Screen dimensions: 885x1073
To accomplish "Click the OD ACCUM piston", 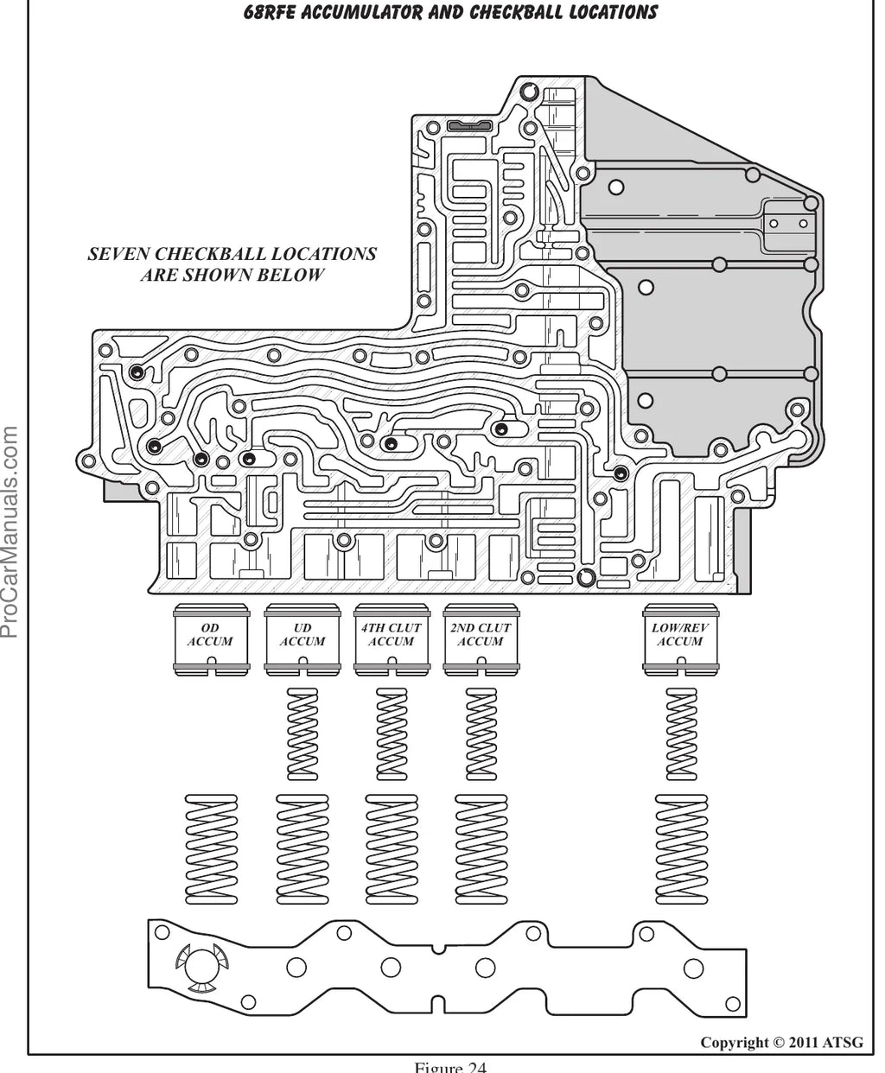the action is (211, 640).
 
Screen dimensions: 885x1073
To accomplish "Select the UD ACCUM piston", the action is (302, 640).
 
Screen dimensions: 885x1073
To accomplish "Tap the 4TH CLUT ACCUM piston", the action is (392, 640).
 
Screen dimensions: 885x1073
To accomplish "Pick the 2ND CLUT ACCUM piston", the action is (481, 640).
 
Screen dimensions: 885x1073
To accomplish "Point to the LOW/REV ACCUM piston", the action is (681, 640).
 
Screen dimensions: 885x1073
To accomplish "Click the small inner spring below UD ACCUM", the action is (302, 733).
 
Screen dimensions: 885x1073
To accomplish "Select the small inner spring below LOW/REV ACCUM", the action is (681, 733).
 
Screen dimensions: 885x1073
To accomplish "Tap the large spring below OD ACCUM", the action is (211, 849).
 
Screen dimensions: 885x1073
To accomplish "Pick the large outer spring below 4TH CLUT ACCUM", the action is (392, 849).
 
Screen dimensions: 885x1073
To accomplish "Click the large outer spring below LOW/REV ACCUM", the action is (681, 849).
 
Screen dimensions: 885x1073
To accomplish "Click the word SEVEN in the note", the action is (118, 254).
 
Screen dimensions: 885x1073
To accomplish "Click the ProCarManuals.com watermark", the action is (10, 532).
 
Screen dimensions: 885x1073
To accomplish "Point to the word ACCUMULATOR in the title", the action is (361, 12).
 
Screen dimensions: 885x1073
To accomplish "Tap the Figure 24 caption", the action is (450, 1067).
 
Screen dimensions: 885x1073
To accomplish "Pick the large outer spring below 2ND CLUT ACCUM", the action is (481, 849).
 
